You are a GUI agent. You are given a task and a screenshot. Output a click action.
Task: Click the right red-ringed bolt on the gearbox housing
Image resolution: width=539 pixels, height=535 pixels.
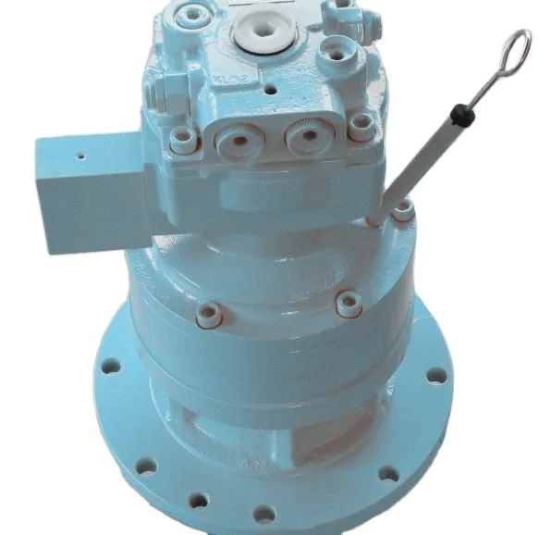[x=349, y=304]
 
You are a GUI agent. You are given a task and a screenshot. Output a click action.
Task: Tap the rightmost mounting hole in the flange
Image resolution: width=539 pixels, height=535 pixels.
[x=435, y=376]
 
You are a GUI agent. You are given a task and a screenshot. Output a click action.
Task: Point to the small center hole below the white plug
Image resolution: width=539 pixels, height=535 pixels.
[x=269, y=93]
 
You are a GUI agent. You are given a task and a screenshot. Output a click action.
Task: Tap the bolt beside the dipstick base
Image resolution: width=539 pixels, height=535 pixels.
[x=403, y=211]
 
